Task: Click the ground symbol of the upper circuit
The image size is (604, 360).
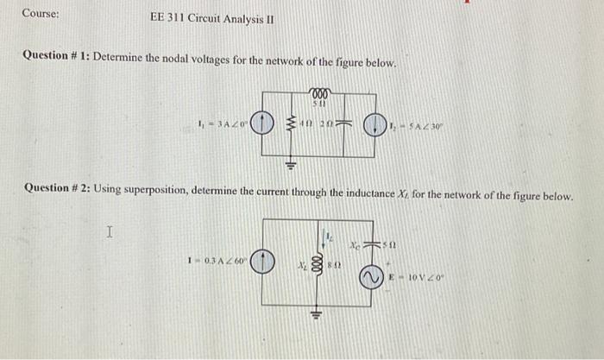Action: (x=292, y=163)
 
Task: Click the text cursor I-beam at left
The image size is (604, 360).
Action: (x=109, y=231)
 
